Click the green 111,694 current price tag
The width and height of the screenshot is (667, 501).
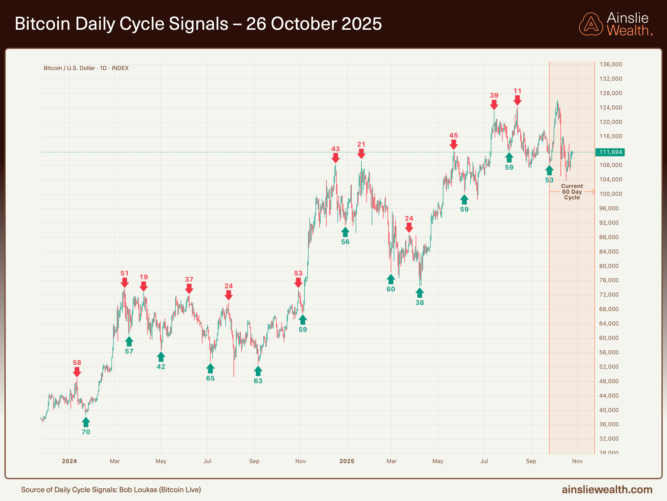pyautogui.click(x=610, y=152)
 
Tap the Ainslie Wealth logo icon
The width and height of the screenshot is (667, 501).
pyautogui.click(x=591, y=24)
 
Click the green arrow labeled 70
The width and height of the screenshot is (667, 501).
pyautogui.click(x=86, y=422)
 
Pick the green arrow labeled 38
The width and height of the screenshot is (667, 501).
pyautogui.click(x=419, y=293)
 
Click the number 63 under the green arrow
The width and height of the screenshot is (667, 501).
pyautogui.click(x=258, y=381)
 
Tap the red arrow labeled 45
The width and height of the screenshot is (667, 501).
pyautogui.click(x=454, y=144)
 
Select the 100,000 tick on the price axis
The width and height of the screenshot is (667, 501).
pyautogui.click(x=611, y=194)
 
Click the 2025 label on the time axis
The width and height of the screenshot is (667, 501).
pyautogui.click(x=347, y=461)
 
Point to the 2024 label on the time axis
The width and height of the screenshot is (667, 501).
pyautogui.click(x=69, y=461)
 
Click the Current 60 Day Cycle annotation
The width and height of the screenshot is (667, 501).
pyautogui.click(x=572, y=192)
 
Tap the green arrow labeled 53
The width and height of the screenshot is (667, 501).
pyautogui.click(x=549, y=170)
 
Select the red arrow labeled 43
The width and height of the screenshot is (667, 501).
pyautogui.click(x=335, y=158)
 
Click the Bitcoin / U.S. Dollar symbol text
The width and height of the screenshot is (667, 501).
pyautogui.click(x=69, y=68)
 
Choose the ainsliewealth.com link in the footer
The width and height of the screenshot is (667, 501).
pyautogui.click(x=607, y=489)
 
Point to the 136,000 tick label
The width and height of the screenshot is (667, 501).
pyautogui.click(x=611, y=65)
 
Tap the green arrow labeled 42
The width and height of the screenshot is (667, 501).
pyautogui.click(x=161, y=357)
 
